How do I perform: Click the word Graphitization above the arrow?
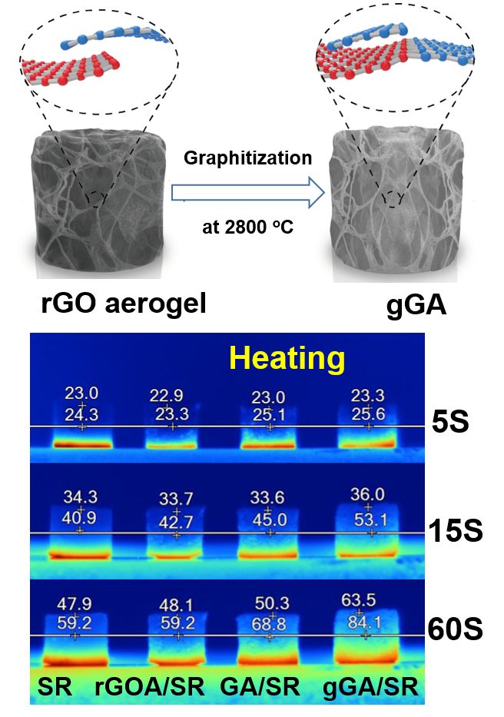pyautogui.click(x=247, y=159)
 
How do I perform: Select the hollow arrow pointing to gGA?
pyautogui.click(x=246, y=192)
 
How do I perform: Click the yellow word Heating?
pyautogui.click(x=289, y=358)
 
